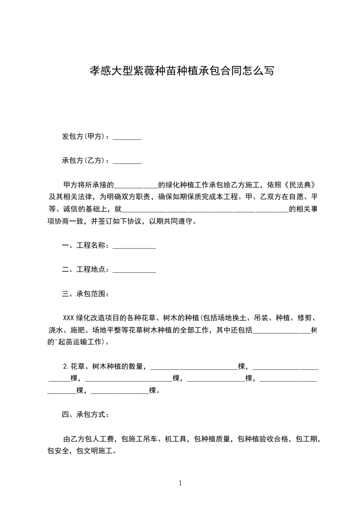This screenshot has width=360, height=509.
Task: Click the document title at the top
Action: pos(180,71)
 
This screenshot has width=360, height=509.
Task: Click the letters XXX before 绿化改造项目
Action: pos(69,318)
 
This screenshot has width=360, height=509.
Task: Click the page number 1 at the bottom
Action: pos(180,483)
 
